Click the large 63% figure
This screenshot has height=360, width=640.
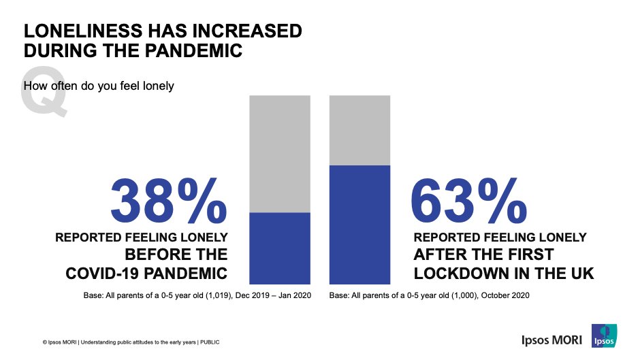point(469,201)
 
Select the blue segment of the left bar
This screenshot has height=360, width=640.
point(280,248)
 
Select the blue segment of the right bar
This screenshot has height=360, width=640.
point(359,224)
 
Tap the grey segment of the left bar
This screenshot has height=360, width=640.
point(280,154)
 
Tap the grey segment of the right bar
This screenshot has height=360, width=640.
point(359,130)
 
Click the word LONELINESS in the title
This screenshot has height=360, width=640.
point(91,32)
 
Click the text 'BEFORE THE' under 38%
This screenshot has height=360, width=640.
point(176,255)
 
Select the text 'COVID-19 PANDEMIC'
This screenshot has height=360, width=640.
point(146,274)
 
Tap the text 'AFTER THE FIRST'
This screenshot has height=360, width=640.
point(483,255)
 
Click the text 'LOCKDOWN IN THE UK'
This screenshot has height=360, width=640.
point(504,274)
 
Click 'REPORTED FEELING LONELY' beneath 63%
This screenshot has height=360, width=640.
point(500,238)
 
